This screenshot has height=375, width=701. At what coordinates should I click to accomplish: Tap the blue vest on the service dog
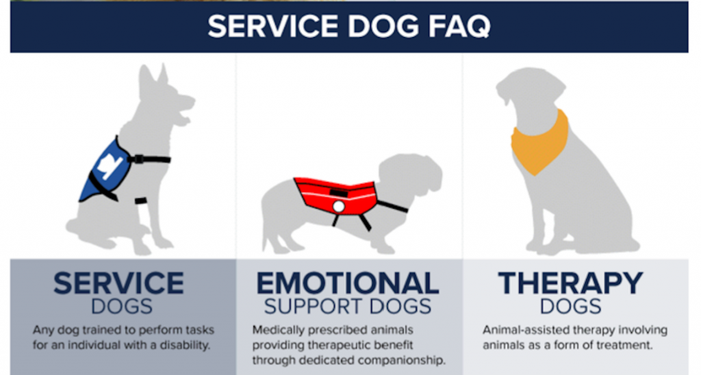tap(106, 170)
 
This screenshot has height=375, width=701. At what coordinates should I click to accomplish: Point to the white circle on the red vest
tap(338, 207)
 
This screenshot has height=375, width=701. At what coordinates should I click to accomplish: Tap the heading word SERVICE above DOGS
tap(118, 283)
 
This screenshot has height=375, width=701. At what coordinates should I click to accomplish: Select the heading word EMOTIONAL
tap(347, 283)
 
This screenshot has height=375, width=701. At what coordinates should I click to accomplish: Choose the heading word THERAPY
tap(570, 283)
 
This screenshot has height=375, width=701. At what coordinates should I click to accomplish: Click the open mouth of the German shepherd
tap(184, 116)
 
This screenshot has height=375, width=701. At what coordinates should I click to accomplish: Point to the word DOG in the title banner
tap(384, 27)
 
